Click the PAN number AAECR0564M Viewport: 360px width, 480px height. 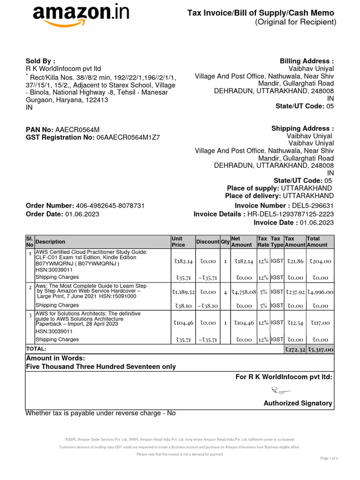[x=77, y=129]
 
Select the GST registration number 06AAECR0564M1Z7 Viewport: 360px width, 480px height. [x=128, y=138]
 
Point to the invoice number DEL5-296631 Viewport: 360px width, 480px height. [x=313, y=206]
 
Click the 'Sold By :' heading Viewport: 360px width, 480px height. [x=40, y=61]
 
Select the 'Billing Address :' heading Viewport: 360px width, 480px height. [x=307, y=61]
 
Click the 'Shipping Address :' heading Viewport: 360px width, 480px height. [x=303, y=128]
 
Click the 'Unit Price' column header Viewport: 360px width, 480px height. [x=178, y=241]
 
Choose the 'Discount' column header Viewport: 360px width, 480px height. [x=208, y=241]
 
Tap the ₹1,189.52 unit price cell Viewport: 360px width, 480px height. [x=183, y=292]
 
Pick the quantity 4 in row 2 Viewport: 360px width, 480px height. [x=225, y=292]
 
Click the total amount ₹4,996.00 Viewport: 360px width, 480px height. [x=320, y=292]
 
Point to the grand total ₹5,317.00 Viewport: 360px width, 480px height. [x=320, y=349]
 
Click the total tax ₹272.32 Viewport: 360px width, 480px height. [x=295, y=349]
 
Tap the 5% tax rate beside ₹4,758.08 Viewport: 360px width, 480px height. [x=263, y=292]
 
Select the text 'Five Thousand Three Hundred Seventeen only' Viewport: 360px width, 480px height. [x=101, y=367]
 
